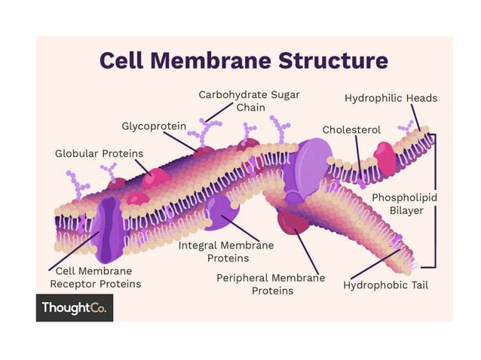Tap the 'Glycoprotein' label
[x=153, y=126]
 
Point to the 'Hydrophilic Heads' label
[x=391, y=98]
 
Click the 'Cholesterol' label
[x=351, y=130]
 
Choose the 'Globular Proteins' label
[x=99, y=154]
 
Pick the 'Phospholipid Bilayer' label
[x=404, y=204]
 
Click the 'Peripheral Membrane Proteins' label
[x=271, y=284]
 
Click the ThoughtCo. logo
[x=74, y=307]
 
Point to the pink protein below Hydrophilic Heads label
[x=384, y=158]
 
